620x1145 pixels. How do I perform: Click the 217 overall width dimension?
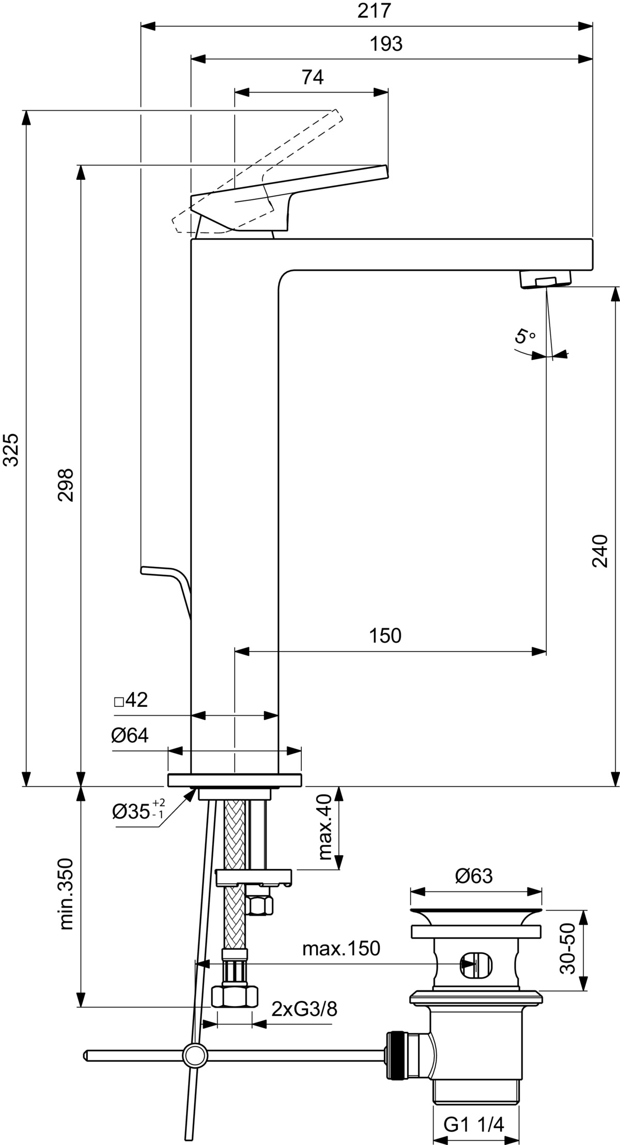pos(374,10)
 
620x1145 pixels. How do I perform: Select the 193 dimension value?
pos(386,44)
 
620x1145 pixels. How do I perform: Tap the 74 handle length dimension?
pos(313,77)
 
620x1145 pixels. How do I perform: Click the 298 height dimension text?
pos(66,485)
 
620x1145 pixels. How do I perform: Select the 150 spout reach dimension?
pos(385,636)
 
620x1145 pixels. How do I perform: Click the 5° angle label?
pos(525,336)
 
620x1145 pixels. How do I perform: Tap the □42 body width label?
pos(131,700)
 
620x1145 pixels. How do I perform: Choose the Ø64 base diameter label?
pos(130,735)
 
